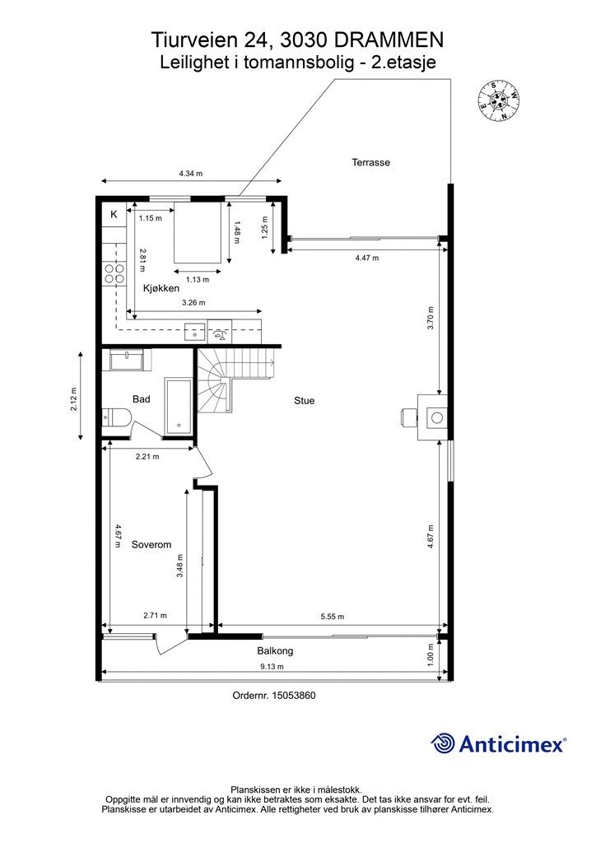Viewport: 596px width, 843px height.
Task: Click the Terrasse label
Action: click(370, 162)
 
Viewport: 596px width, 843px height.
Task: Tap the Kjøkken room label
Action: click(161, 288)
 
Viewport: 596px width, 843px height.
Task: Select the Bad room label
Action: click(142, 399)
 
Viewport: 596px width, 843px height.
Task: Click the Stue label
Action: click(305, 401)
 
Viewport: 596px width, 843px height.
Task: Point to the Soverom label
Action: click(151, 545)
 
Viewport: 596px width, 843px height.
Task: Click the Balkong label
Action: click(275, 651)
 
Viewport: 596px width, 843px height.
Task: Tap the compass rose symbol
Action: click(499, 100)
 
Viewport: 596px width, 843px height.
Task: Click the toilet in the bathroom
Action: click(117, 417)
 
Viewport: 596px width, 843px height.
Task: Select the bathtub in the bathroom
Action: click(178, 407)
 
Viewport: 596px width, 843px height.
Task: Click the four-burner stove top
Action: click(115, 273)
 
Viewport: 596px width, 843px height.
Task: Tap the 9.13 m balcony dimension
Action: click(272, 667)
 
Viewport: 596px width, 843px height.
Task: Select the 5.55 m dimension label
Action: click(332, 617)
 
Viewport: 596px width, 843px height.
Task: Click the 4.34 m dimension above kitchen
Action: click(191, 174)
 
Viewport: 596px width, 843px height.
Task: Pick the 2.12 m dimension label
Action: click(73, 399)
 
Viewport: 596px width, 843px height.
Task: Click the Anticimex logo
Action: click(499, 744)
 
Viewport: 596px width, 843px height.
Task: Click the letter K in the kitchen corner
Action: click(114, 215)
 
